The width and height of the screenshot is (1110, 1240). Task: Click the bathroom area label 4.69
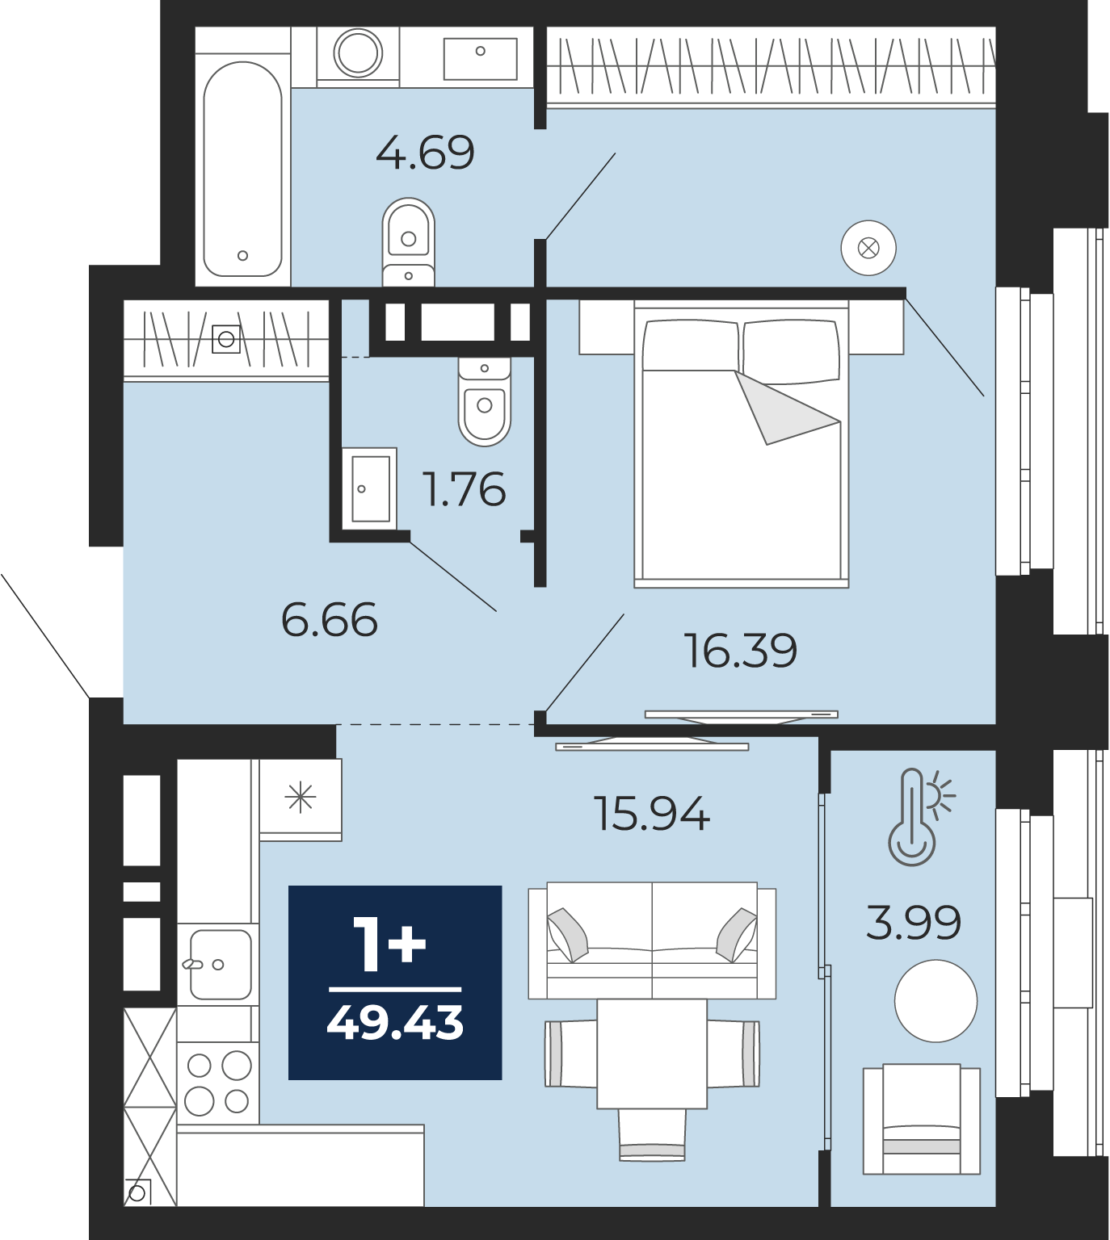[x=425, y=153]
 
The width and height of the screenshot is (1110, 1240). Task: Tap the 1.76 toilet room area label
[x=465, y=490]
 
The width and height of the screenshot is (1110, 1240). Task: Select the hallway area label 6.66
[x=330, y=619]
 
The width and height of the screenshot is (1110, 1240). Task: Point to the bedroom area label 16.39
[x=740, y=651]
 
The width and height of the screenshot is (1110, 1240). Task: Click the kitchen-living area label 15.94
[x=652, y=814]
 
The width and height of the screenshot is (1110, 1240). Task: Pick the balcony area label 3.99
[x=914, y=923]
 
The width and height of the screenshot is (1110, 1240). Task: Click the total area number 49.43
[x=395, y=1024]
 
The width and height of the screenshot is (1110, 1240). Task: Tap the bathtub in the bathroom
[x=242, y=170]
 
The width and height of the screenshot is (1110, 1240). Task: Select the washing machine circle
[x=359, y=53]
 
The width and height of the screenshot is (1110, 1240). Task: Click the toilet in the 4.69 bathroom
[x=409, y=241]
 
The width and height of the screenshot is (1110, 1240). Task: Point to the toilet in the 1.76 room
[x=485, y=401]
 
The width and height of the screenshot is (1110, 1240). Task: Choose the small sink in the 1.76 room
[x=369, y=488]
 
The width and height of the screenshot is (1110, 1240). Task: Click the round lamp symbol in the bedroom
[x=868, y=248]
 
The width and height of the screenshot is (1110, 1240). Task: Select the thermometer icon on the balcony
[x=919, y=817]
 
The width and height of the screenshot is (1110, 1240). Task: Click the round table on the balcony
[x=936, y=1001]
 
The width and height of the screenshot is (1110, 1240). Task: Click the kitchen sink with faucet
[x=219, y=965]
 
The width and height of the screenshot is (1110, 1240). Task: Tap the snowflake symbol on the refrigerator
[x=301, y=798]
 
